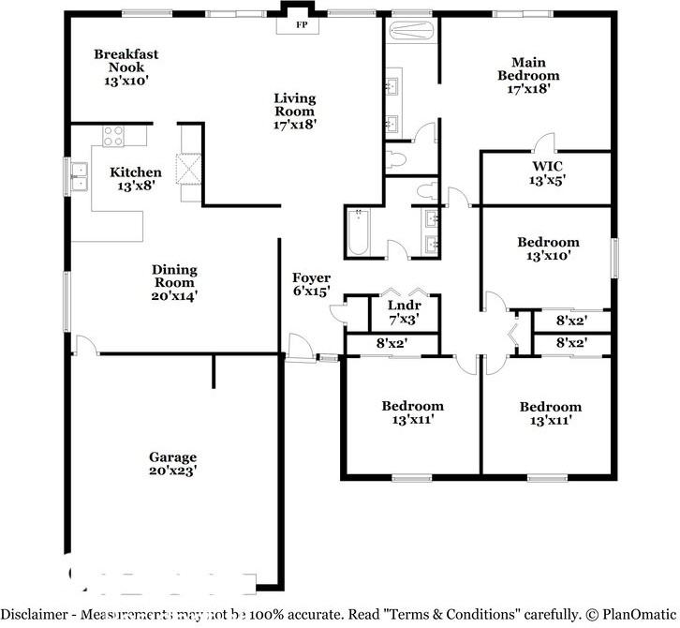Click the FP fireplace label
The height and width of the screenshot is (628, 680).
302,25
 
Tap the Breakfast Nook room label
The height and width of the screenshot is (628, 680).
126,67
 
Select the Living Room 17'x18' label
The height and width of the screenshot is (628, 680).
294,111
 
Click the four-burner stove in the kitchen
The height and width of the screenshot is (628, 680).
113,136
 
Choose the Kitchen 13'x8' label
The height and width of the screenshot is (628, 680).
136,178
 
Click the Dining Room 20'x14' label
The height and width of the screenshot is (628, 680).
174,282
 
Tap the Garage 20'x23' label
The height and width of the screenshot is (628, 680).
172,464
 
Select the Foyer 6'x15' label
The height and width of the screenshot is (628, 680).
311,284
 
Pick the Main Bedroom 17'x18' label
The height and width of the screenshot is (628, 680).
528,75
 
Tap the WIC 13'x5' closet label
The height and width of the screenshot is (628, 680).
547,172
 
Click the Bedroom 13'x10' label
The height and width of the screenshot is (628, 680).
548,248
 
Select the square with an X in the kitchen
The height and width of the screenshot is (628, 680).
189,170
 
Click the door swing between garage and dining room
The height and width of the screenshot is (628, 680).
85,344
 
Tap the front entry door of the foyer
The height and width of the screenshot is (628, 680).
299,347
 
